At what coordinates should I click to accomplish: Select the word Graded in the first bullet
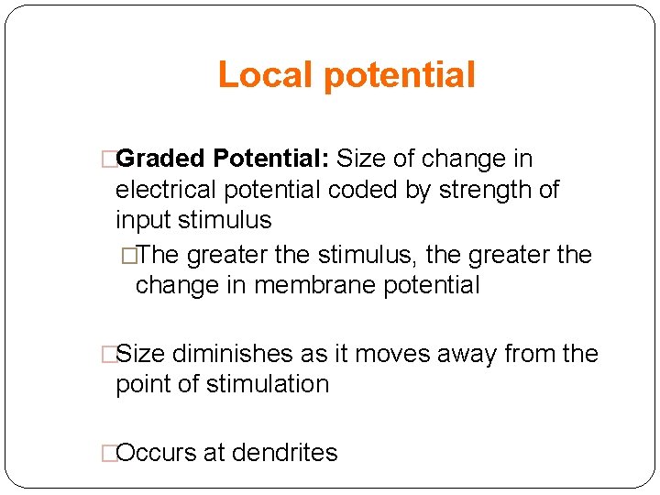coord(161,159)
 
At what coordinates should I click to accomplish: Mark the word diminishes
coord(228,354)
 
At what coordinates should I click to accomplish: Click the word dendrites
coord(285,453)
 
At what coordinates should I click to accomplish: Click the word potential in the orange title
coord(400,75)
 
